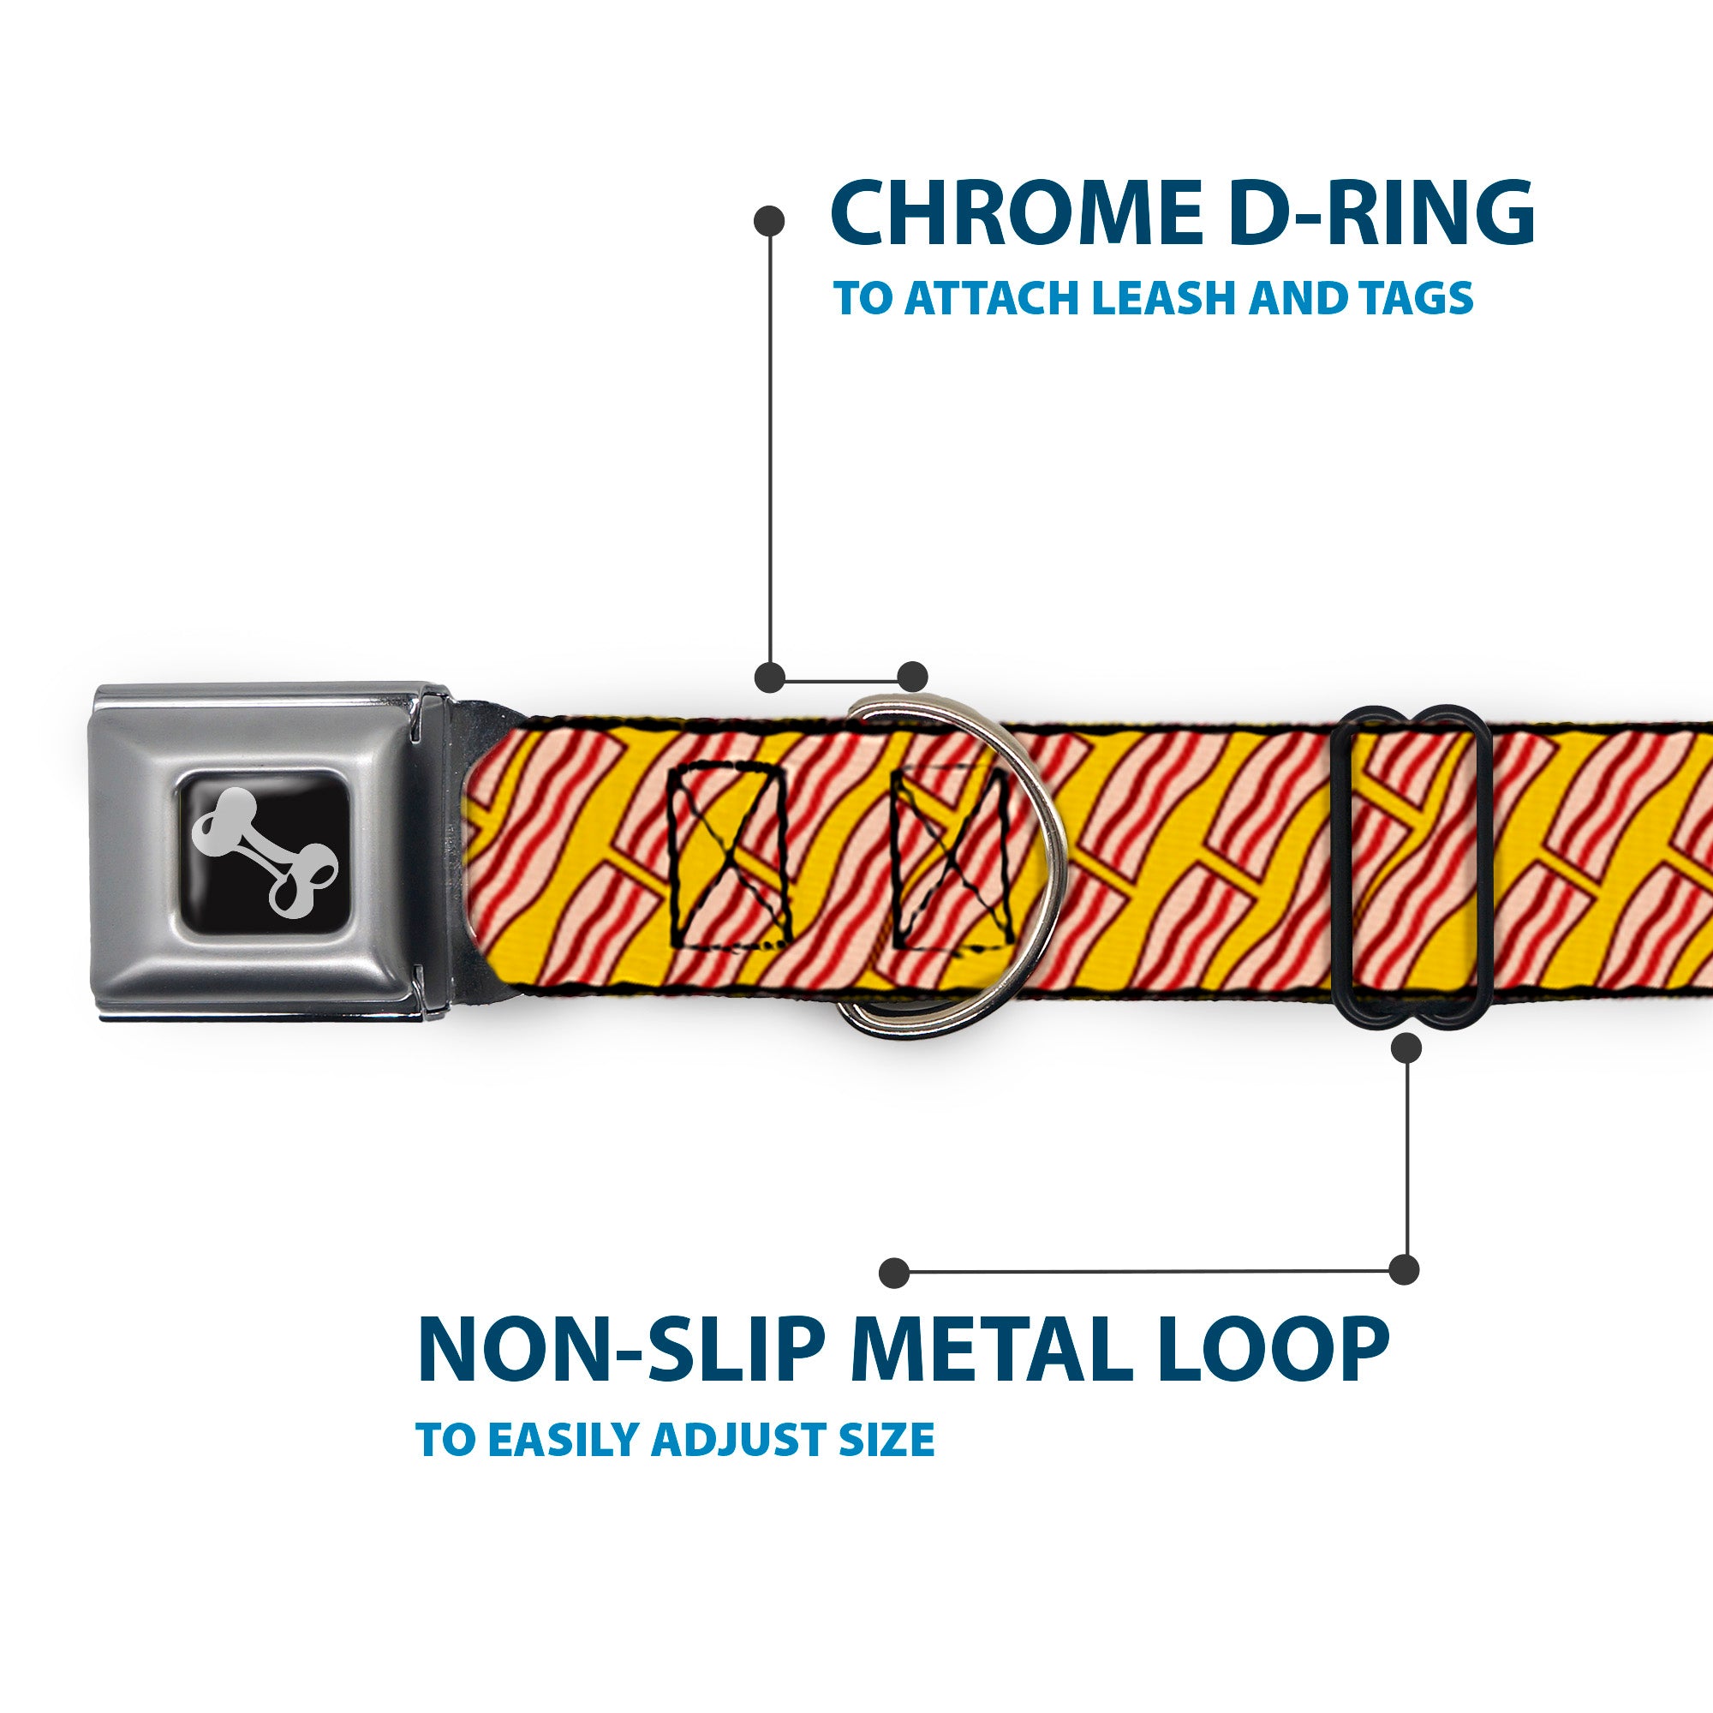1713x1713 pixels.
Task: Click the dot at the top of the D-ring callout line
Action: point(769,221)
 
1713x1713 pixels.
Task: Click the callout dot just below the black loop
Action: point(1407,1049)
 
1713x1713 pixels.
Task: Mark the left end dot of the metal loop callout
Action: point(895,1274)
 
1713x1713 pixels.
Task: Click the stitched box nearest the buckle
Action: point(729,856)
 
